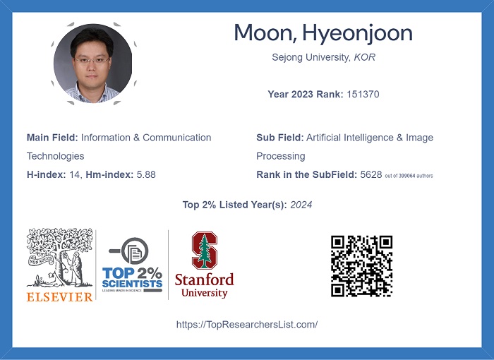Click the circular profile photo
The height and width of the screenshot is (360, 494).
(x=92, y=64)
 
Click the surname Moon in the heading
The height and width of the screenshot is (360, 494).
(x=263, y=32)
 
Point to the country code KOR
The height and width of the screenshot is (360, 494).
(x=365, y=57)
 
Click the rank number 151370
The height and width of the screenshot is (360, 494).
(x=363, y=95)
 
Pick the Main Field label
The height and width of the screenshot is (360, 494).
(x=52, y=138)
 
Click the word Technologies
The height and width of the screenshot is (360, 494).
(x=56, y=156)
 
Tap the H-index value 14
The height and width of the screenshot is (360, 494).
(x=74, y=174)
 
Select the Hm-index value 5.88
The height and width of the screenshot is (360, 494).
(x=146, y=174)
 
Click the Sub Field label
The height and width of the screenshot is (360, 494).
(x=280, y=138)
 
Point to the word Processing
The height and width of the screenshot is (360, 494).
(x=281, y=157)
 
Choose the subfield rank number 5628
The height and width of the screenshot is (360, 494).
(x=370, y=174)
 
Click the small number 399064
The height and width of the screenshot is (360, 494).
(x=407, y=176)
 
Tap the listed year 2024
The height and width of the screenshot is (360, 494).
(x=301, y=205)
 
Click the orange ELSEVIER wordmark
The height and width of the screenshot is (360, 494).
(x=59, y=297)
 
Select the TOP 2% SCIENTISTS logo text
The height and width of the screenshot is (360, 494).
(x=133, y=277)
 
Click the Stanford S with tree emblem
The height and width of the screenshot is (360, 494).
(x=205, y=251)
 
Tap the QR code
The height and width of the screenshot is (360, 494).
(x=361, y=266)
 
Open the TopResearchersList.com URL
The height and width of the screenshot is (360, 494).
(x=247, y=325)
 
